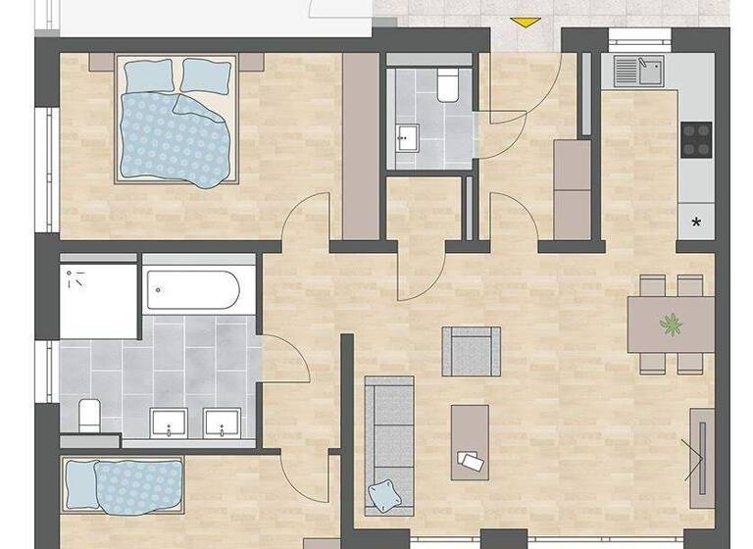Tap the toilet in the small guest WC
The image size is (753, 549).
[x=448, y=86]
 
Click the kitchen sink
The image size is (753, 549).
[x=638, y=70]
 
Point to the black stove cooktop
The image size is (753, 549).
[x=695, y=140]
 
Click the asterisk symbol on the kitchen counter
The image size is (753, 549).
[x=696, y=223]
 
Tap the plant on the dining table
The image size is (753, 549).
[x=672, y=323]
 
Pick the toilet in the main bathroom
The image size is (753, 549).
[x=87, y=414]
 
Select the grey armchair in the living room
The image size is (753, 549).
[x=471, y=351]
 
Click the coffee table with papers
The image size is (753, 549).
[x=470, y=442]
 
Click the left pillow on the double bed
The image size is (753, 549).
[x=148, y=75]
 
